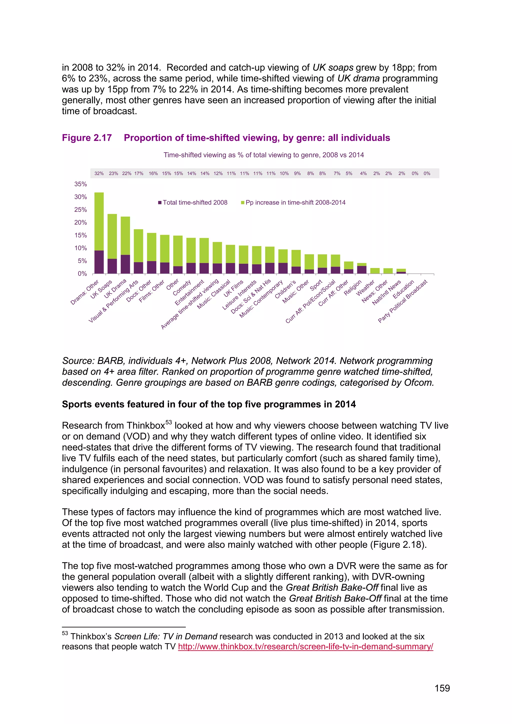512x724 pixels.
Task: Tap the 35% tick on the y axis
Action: (80, 184)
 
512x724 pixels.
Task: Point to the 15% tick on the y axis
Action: (80, 235)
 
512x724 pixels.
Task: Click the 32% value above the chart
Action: (99, 173)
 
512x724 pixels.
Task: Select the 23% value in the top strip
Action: (113, 173)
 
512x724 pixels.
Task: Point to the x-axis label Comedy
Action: (182, 288)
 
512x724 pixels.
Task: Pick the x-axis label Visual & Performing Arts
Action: (113, 301)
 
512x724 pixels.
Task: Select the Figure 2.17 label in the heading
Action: (87, 138)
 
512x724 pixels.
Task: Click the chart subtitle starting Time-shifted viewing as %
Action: (263, 155)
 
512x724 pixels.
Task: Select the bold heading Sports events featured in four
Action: (209, 404)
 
